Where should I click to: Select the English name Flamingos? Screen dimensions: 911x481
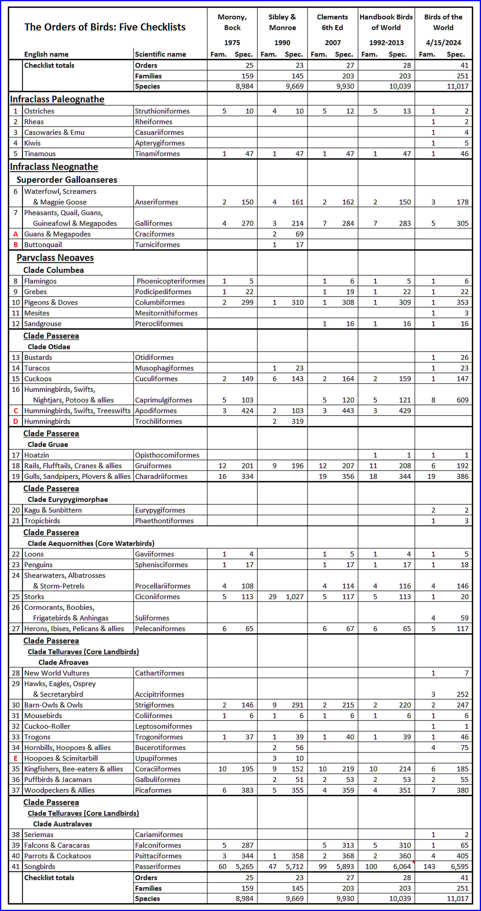coord(40,281)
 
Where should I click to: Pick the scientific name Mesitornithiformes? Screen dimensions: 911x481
coord(166,313)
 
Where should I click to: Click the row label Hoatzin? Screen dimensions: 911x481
coord(36,455)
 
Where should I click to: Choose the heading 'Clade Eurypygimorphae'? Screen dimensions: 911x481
coord(68,499)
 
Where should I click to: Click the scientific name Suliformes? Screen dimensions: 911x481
coord(152,618)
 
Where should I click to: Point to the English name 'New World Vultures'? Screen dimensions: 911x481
coord(56,673)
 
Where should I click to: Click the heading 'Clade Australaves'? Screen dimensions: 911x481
coord(63,824)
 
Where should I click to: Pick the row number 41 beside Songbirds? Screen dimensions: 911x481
coord(16,866)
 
